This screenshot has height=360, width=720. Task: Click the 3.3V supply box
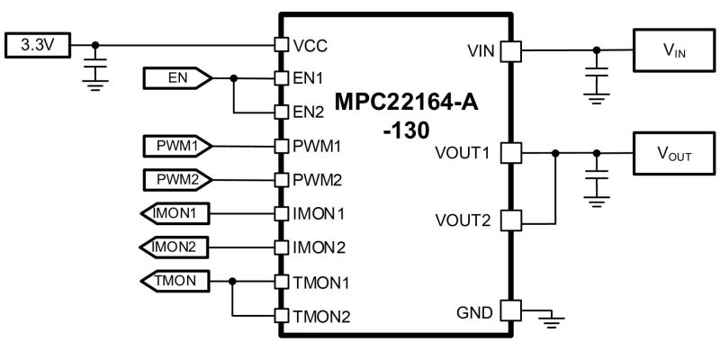pos(38,45)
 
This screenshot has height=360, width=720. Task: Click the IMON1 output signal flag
pos(175,213)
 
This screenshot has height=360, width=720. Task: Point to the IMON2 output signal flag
pos(175,247)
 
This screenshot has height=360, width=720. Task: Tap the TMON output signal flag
pos(175,281)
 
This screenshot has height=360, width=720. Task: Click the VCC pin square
pos(281,44)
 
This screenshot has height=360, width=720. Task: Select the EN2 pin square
pos(281,112)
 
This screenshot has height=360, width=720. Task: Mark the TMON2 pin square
pos(281,316)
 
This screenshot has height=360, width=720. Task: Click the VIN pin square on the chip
pos(510,50)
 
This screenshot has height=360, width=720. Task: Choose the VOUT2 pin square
pos(510,220)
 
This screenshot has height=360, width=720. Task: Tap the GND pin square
pos(510,310)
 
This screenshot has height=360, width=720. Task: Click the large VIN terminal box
pos(674,50)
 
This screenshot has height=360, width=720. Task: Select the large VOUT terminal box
pos(674,153)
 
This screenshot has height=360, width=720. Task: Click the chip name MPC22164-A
pos(407,102)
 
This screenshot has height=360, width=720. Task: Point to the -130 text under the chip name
pos(407,130)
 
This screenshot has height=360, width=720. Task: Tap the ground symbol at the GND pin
pos(553,321)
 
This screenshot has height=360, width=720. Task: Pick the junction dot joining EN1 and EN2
pos(234,78)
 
